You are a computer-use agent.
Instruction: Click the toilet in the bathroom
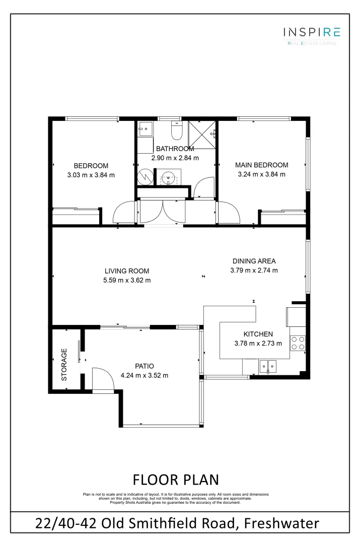[x=177, y=131]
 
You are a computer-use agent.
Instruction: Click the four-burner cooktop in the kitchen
[x=298, y=343]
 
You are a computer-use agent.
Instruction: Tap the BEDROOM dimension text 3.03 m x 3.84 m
[x=91, y=175]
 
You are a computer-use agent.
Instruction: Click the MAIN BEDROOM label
[x=262, y=165]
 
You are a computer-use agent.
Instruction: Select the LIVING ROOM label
[x=127, y=270]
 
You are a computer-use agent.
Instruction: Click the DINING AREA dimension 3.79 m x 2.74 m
[x=254, y=270]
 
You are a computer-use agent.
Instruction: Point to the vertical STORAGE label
[x=64, y=364]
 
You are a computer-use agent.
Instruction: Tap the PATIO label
[x=144, y=366]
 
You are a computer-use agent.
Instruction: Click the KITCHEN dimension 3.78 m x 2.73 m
[x=258, y=344]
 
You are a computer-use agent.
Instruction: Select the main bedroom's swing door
[x=228, y=212]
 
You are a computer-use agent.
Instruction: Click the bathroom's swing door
[x=203, y=187]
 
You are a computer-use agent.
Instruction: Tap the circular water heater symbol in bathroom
[x=145, y=177]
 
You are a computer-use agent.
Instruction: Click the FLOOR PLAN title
[x=175, y=479]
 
